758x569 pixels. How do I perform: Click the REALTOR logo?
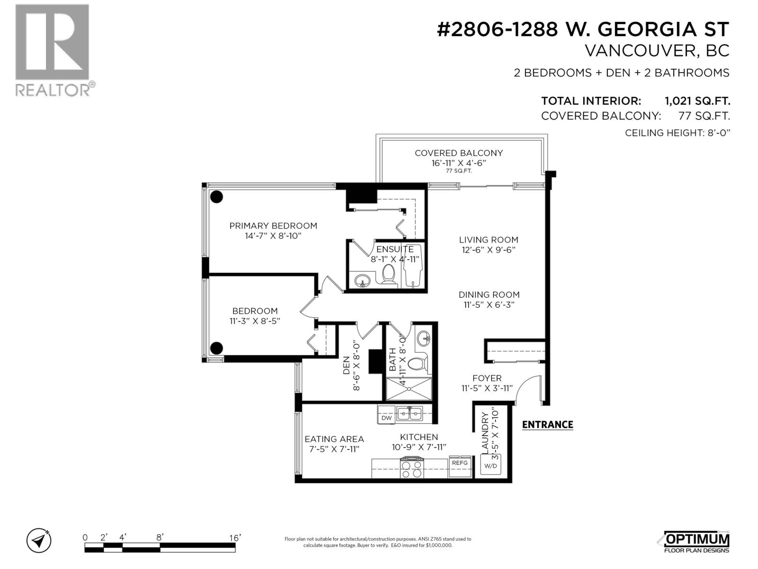(x=52, y=50)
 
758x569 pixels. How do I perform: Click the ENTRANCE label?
(x=547, y=424)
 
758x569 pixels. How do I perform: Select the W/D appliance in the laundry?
(x=490, y=465)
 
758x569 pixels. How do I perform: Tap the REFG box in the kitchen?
(x=460, y=463)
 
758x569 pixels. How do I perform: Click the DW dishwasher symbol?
(x=387, y=418)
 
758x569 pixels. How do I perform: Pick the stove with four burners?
(x=412, y=468)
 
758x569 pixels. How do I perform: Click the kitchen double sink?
(x=410, y=414)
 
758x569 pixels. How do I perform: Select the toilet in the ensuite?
(x=389, y=275)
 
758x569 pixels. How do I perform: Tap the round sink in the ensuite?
(x=363, y=280)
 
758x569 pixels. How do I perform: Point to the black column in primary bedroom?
(x=217, y=196)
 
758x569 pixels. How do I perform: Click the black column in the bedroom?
(x=217, y=348)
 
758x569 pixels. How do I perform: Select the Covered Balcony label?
(x=459, y=153)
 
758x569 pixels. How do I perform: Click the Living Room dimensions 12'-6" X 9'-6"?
(x=488, y=250)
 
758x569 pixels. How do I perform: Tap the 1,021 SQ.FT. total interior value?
(x=697, y=101)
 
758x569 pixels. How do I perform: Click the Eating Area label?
(x=334, y=439)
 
